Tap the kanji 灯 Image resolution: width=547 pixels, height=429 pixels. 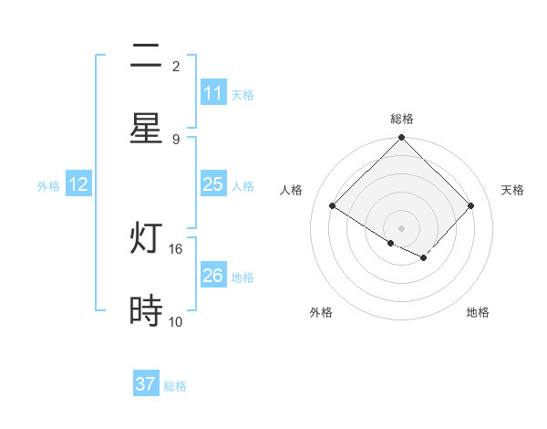click(x=146, y=239)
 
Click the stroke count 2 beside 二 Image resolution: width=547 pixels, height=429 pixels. click(x=176, y=67)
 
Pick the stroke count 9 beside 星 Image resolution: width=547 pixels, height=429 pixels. click(x=176, y=139)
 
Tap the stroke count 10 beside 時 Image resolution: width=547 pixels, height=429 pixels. click(x=176, y=321)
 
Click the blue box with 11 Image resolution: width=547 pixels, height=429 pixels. click(x=212, y=93)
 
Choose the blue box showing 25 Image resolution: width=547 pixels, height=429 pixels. click(x=212, y=184)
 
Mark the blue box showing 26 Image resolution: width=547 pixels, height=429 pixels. click(x=212, y=276)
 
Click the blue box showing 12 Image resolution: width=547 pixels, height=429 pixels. click(x=78, y=184)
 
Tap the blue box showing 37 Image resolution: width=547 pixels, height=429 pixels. click(x=146, y=384)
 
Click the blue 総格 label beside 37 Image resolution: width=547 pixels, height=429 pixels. click(x=175, y=386)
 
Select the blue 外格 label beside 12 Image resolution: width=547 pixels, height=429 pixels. click(x=48, y=186)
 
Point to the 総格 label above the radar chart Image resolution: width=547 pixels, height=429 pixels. click(x=401, y=119)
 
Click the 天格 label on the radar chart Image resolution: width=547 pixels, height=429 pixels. click(x=512, y=190)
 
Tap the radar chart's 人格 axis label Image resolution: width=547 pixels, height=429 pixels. click(x=291, y=190)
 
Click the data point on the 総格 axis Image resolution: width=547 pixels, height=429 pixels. click(x=401, y=139)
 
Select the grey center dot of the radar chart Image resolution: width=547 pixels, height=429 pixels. click(x=401, y=228)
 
